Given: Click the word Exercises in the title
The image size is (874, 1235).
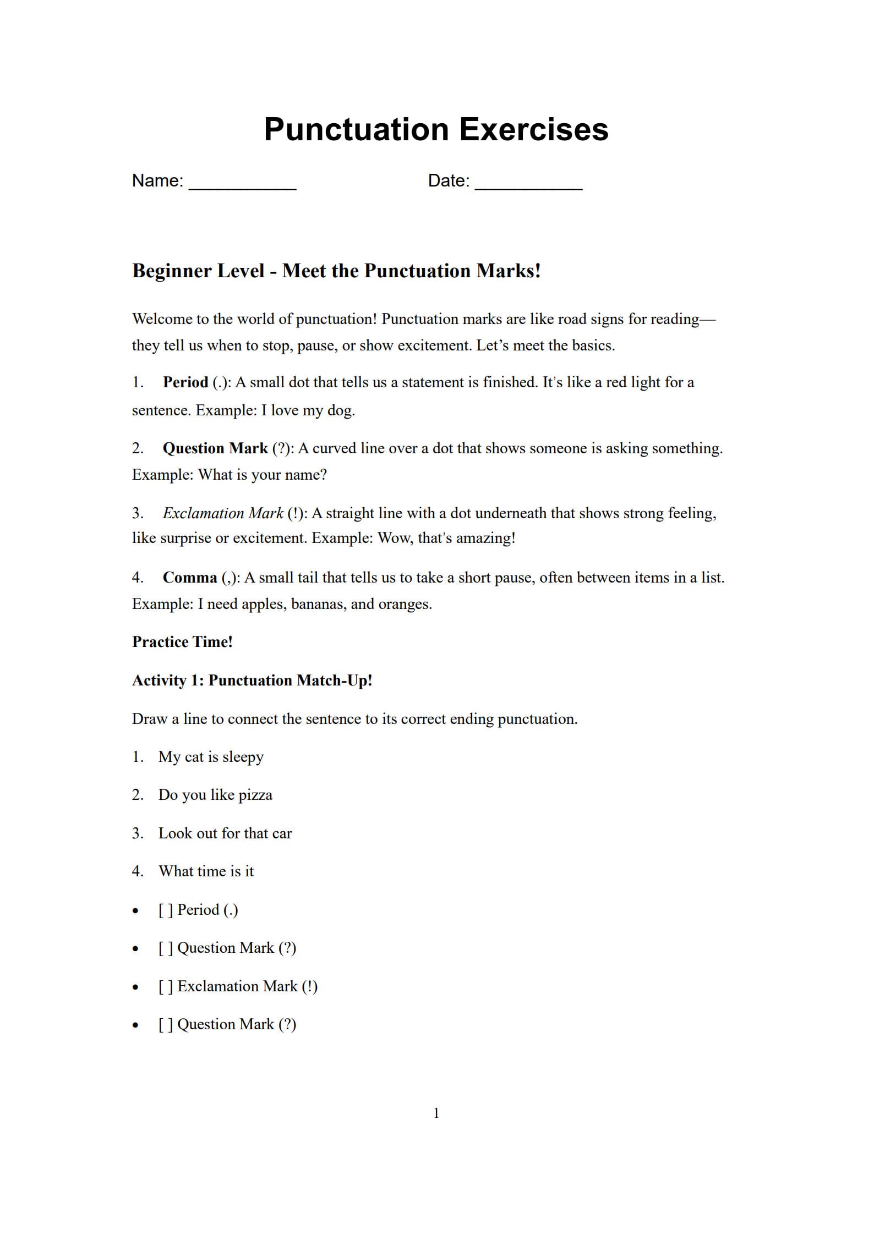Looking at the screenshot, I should pyautogui.click(x=533, y=130).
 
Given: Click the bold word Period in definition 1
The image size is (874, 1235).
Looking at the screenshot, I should pyautogui.click(x=185, y=382).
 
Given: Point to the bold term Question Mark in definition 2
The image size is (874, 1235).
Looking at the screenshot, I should pyautogui.click(x=215, y=448).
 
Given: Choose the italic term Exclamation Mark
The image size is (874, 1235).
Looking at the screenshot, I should pyautogui.click(x=223, y=513).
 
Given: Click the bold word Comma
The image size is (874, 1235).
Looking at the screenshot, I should pyautogui.click(x=190, y=578).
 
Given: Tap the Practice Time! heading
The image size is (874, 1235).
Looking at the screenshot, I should pyautogui.click(x=182, y=642).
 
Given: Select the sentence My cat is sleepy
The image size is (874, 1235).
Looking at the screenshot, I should pyautogui.click(x=211, y=757).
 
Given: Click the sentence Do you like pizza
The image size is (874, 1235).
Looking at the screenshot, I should pyautogui.click(x=215, y=795).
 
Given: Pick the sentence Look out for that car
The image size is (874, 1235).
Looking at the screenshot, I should pyautogui.click(x=225, y=833).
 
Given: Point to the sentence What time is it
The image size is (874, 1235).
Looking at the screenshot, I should pyautogui.click(x=206, y=871).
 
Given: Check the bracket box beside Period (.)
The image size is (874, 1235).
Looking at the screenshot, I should pyautogui.click(x=166, y=910).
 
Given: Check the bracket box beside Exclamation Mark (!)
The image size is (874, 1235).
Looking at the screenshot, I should pyautogui.click(x=166, y=986).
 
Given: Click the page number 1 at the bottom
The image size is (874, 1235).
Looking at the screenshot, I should pyautogui.click(x=436, y=1113).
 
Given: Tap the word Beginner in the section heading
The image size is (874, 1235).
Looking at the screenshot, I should pyautogui.click(x=171, y=271).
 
